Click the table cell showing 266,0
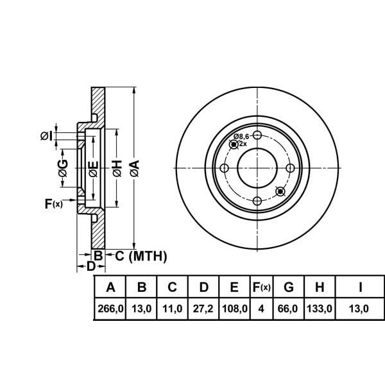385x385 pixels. pyautogui.click(x=110, y=309)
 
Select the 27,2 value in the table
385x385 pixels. pyautogui.click(x=203, y=309)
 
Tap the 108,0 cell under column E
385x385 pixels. pyautogui.click(x=234, y=309)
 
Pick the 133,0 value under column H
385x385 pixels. pyautogui.click(x=320, y=309)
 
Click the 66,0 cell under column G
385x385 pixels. pyautogui.click(x=288, y=309)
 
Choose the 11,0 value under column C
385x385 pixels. pyautogui.click(x=173, y=309)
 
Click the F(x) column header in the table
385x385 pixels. pyautogui.click(x=262, y=287)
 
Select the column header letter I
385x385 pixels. pyautogui.click(x=361, y=287)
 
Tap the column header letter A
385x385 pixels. pyautogui.click(x=110, y=287)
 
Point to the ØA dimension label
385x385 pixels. pyautogui.click(x=135, y=168)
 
